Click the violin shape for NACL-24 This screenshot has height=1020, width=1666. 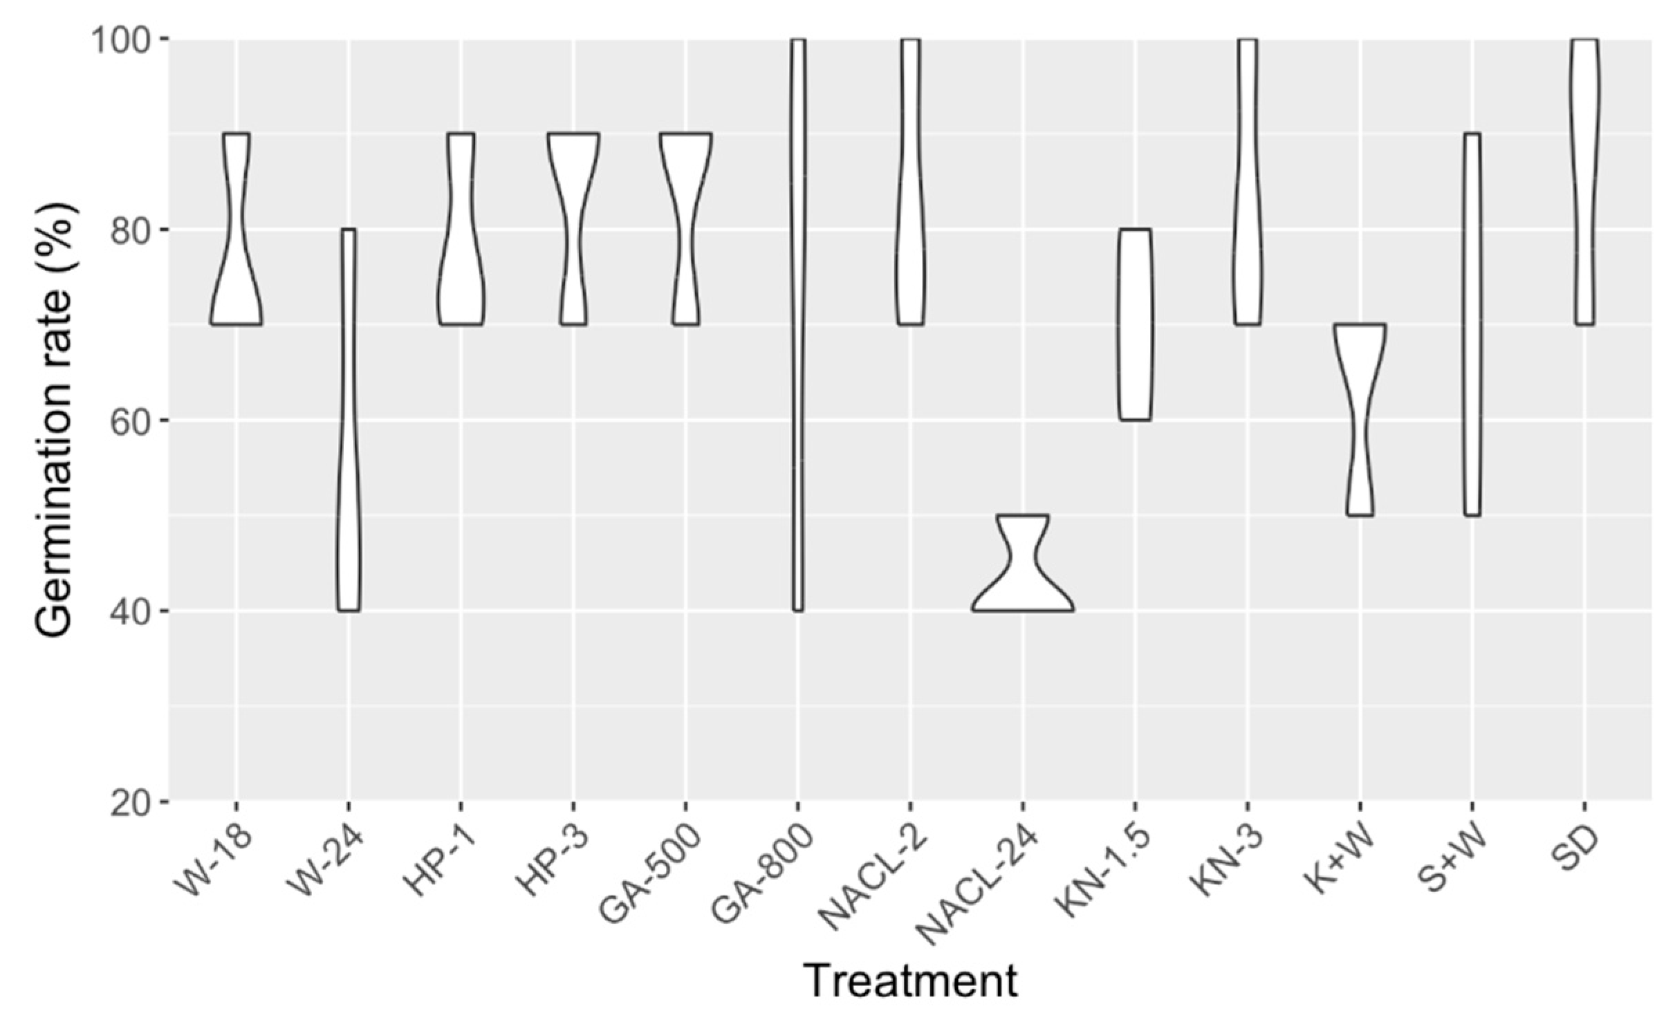point(1022,595)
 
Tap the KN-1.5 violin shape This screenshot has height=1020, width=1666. point(1134,325)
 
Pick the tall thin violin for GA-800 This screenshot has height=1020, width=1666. point(797,325)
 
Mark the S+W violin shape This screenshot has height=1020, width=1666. point(1472,325)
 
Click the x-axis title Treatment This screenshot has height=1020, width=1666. point(911,980)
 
